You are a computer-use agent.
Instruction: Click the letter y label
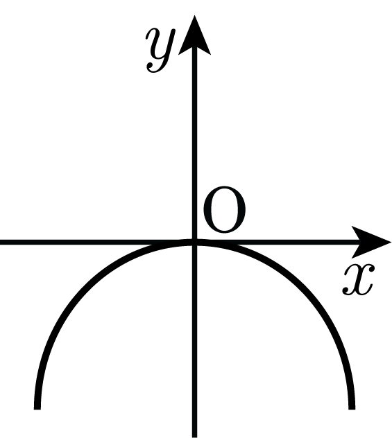[161, 51]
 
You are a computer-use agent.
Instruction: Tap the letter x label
[358, 279]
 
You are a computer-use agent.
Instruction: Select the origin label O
[225, 209]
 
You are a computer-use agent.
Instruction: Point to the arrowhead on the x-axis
[370, 242]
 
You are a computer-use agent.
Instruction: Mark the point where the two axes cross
[194, 242]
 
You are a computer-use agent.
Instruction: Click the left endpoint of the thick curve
[37, 409]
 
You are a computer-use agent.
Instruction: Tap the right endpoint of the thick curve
[352, 409]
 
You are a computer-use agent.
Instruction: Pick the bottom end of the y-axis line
[194, 437]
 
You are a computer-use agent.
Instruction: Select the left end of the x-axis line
[0, 242]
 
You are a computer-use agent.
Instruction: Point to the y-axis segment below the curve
[194, 342]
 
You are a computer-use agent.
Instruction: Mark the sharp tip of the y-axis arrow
[194, 16]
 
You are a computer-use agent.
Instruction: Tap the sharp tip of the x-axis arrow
[391, 242]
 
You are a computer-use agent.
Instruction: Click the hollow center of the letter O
[225, 209]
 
